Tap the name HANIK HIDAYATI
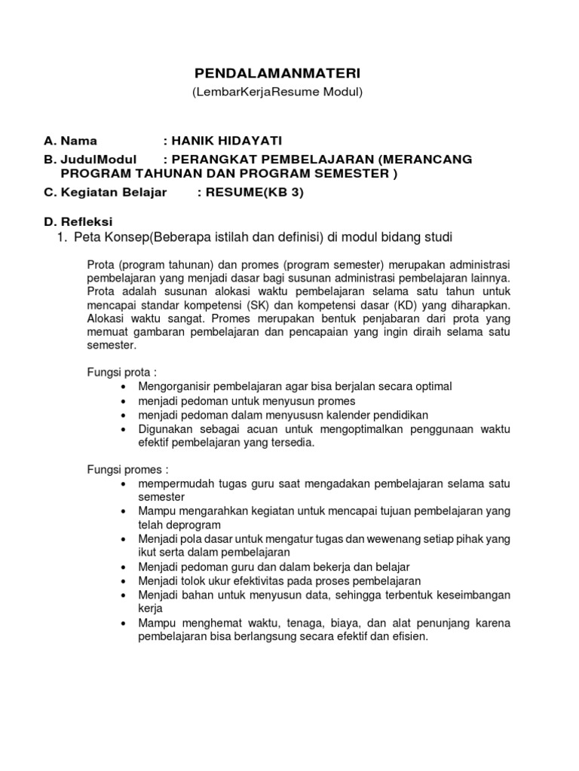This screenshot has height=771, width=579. tap(220, 141)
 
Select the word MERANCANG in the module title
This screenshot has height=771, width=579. tap(428, 159)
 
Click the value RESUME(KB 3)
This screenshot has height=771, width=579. tap(251, 192)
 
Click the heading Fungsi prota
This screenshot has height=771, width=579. tap(121, 372)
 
